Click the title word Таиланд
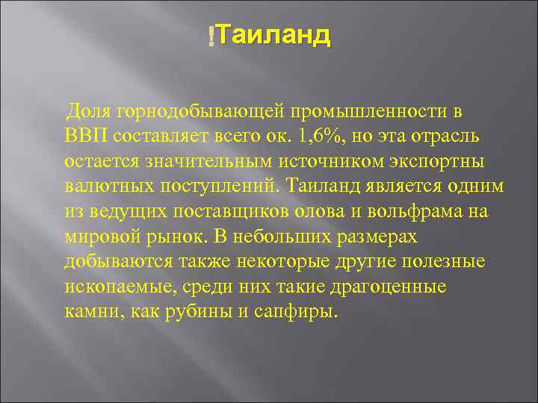pyautogui.click(x=275, y=35)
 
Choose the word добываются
pyautogui.click(x=119, y=262)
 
